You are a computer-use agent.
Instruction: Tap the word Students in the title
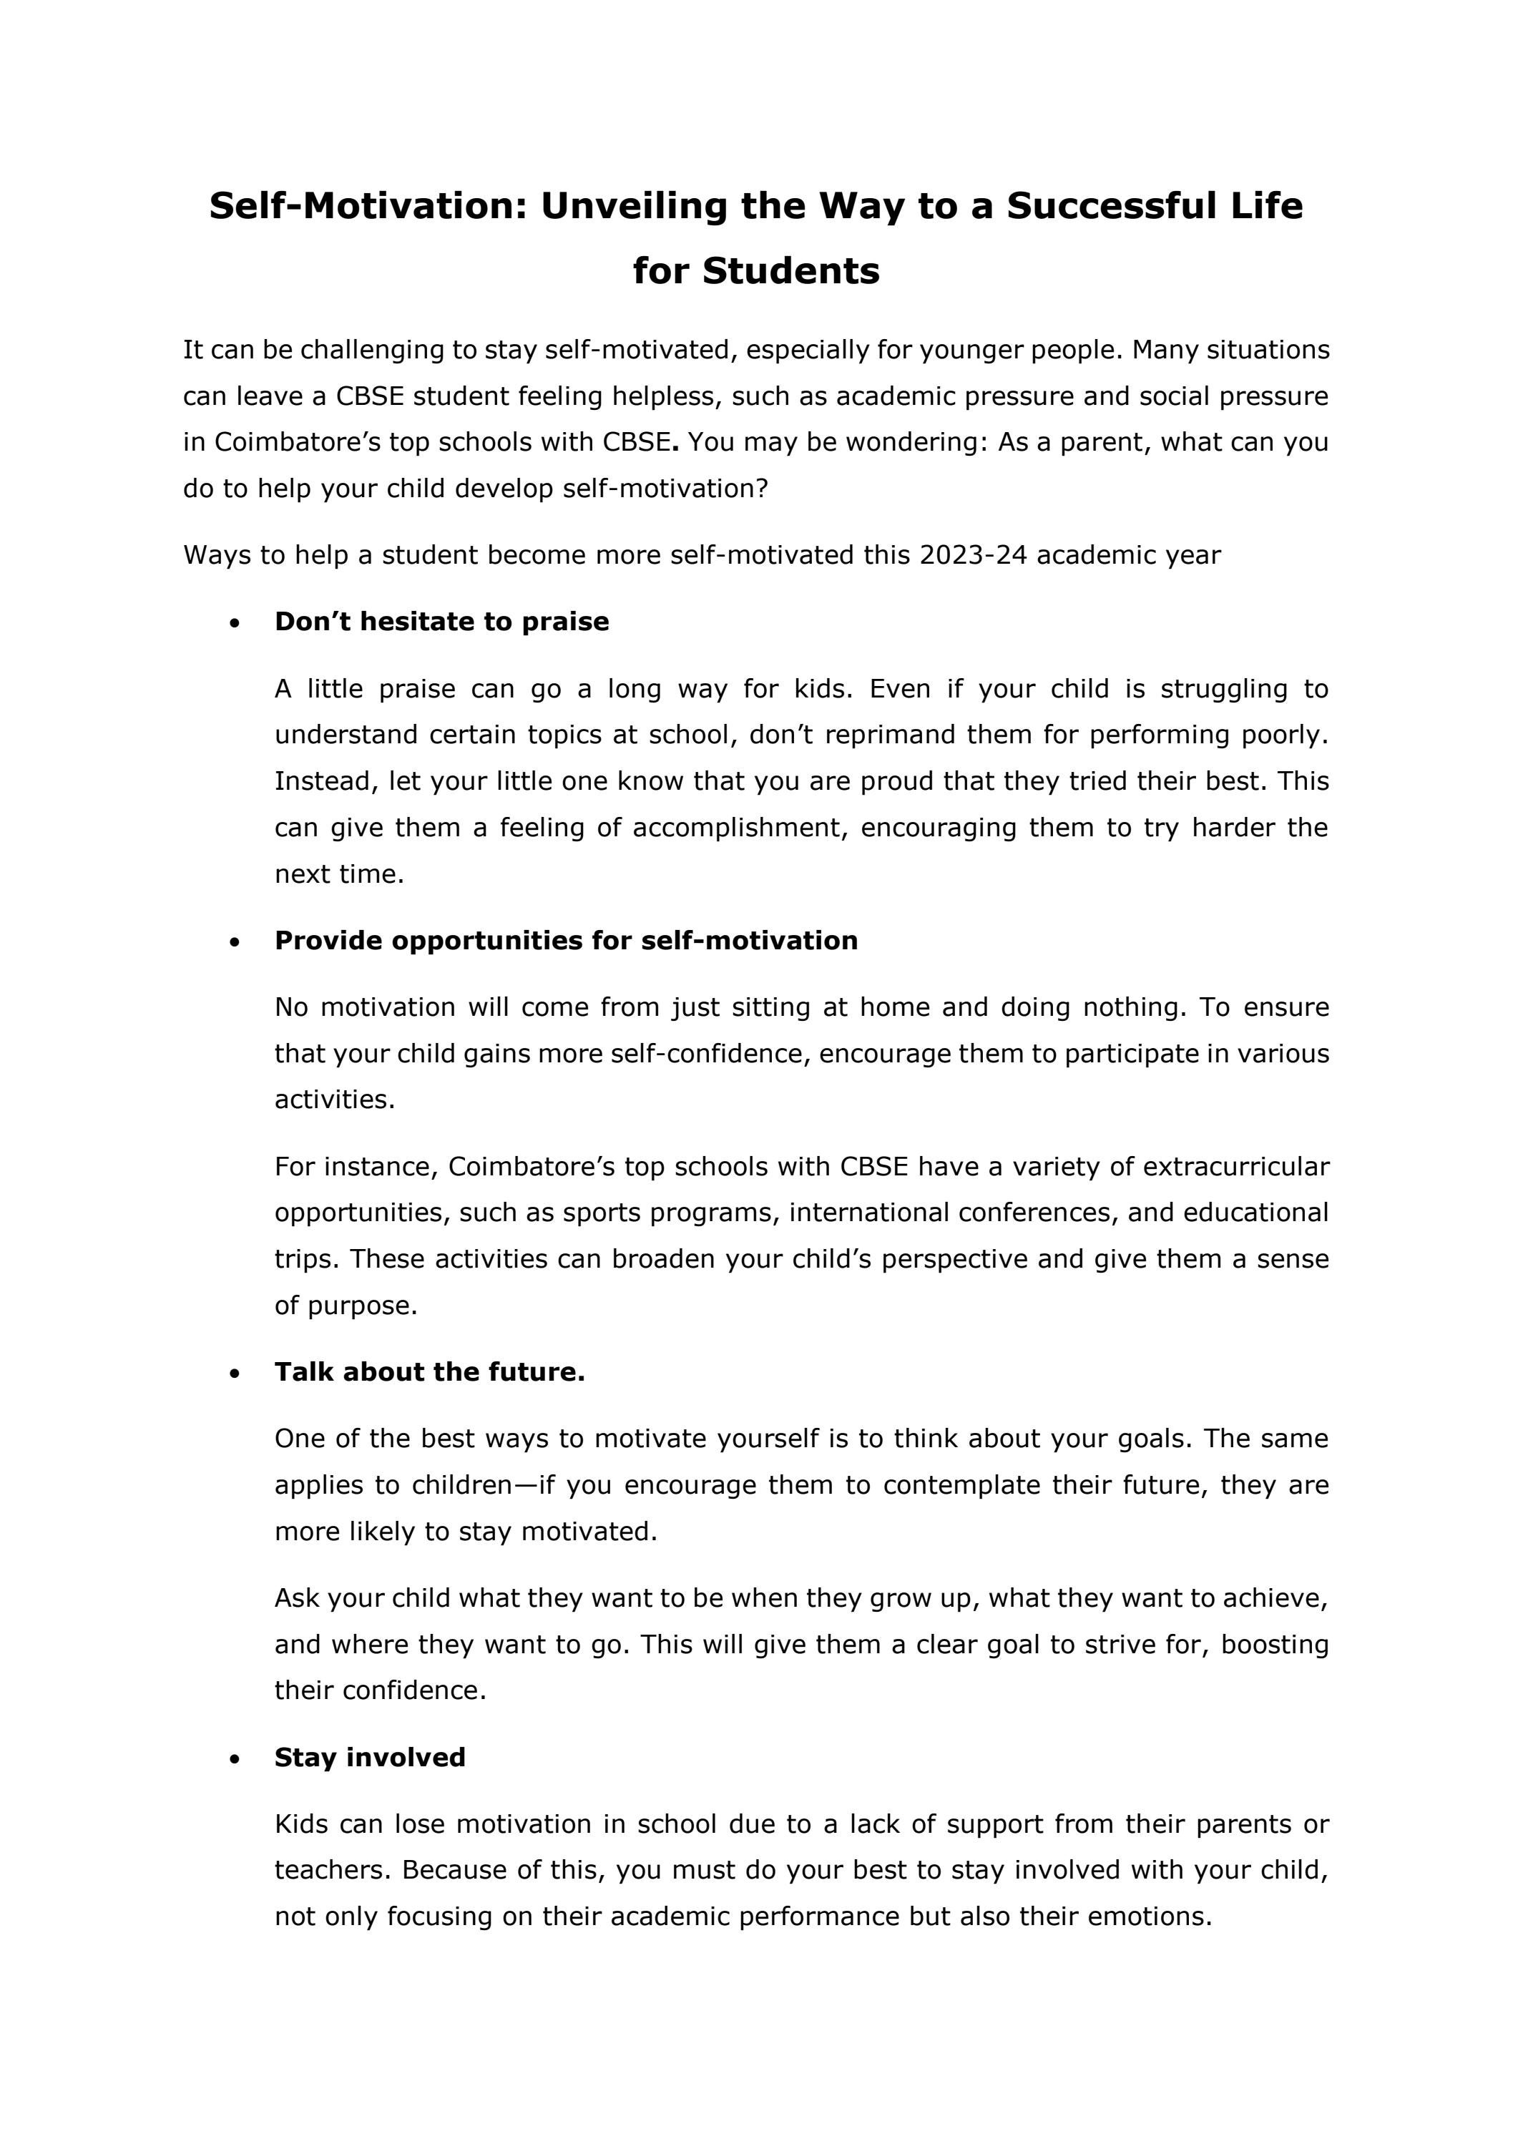tap(791, 271)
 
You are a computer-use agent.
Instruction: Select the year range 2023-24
tap(973, 555)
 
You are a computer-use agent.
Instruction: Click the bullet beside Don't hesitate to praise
tap(234, 623)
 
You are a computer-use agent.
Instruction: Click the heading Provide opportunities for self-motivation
tap(566, 941)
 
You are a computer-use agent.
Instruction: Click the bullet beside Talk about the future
tap(234, 1374)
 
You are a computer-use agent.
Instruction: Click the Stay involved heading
tap(370, 1758)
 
